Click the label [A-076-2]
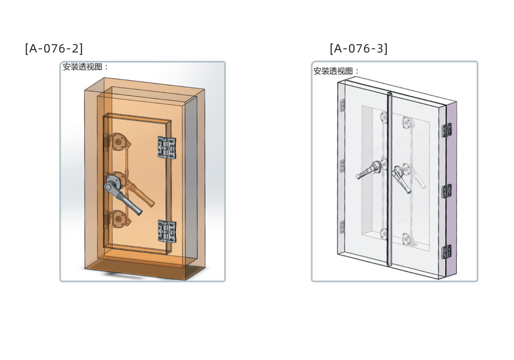click(54, 48)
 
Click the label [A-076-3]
click(359, 48)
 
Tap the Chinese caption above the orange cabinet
click(85, 67)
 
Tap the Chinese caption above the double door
click(336, 71)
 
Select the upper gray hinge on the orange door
click(167, 148)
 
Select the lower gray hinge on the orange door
click(167, 231)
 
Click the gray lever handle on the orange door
click(122, 195)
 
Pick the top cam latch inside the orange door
click(120, 142)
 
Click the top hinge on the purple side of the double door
click(447, 130)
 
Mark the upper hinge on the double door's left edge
click(343, 105)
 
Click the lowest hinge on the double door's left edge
click(343, 227)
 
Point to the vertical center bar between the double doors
click(390, 179)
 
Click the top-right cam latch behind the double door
click(408, 123)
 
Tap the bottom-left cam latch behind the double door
click(383, 234)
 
